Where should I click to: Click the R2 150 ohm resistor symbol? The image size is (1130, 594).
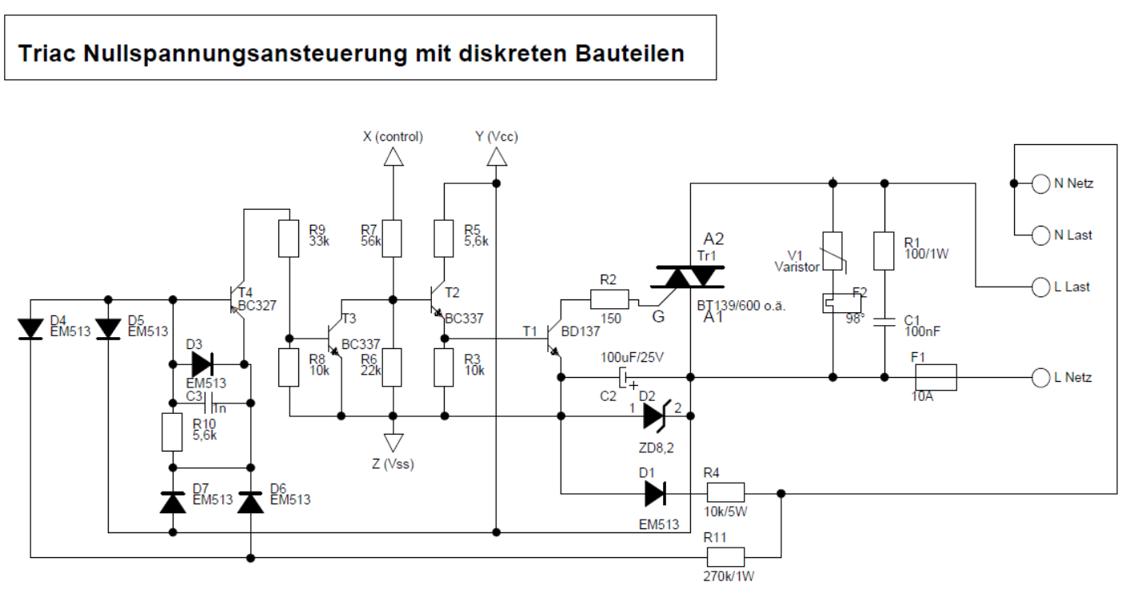coord(609,300)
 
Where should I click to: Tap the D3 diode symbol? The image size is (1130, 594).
coord(202,364)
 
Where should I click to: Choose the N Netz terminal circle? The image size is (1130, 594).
coord(1040,183)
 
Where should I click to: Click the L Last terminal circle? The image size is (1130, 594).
coord(1040,287)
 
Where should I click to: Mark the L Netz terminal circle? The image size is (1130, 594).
coord(1040,376)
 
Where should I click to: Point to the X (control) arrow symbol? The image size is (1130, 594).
coord(392,159)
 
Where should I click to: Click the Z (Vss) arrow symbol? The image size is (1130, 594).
coord(392,442)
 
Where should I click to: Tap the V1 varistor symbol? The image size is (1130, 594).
coord(833,251)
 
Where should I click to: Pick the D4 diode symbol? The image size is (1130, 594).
coord(30,328)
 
